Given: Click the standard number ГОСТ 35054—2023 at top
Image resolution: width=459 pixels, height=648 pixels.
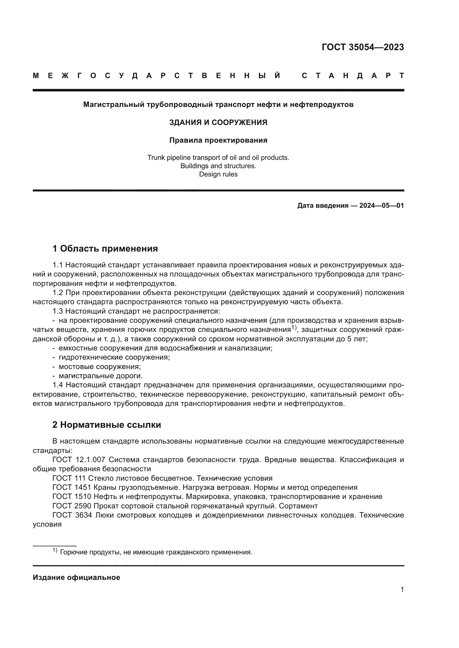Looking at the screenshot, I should [x=363, y=47].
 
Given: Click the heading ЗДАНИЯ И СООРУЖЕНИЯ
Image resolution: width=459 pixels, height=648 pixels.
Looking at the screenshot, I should [x=218, y=122].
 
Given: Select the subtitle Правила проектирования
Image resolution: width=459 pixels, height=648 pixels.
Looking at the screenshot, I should [x=218, y=140].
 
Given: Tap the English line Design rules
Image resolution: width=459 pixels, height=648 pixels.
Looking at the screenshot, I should [x=218, y=174].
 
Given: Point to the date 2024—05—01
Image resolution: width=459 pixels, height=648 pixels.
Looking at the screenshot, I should [x=382, y=206].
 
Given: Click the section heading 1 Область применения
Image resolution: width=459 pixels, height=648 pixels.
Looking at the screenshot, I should [x=105, y=249].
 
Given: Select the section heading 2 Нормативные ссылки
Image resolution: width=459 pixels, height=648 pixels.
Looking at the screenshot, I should [x=107, y=425].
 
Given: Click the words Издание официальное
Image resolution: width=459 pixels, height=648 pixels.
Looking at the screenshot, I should [x=76, y=577].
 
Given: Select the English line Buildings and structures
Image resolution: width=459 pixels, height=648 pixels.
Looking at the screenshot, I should [x=218, y=166].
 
